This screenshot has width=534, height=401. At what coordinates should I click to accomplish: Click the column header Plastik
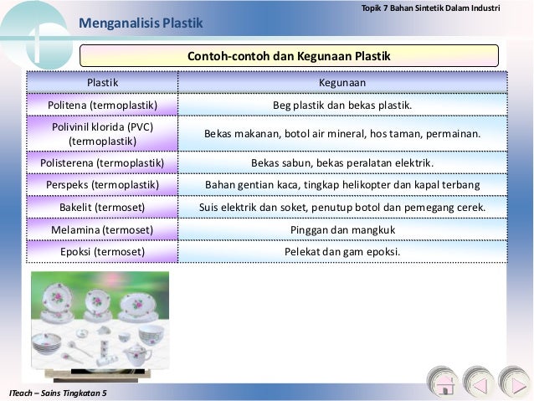coord(103,83)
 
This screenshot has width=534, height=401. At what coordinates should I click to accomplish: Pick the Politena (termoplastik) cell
coord(102,105)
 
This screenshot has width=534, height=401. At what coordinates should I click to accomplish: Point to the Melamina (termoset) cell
coord(102,229)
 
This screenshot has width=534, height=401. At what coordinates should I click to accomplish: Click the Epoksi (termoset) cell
coord(102,250)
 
